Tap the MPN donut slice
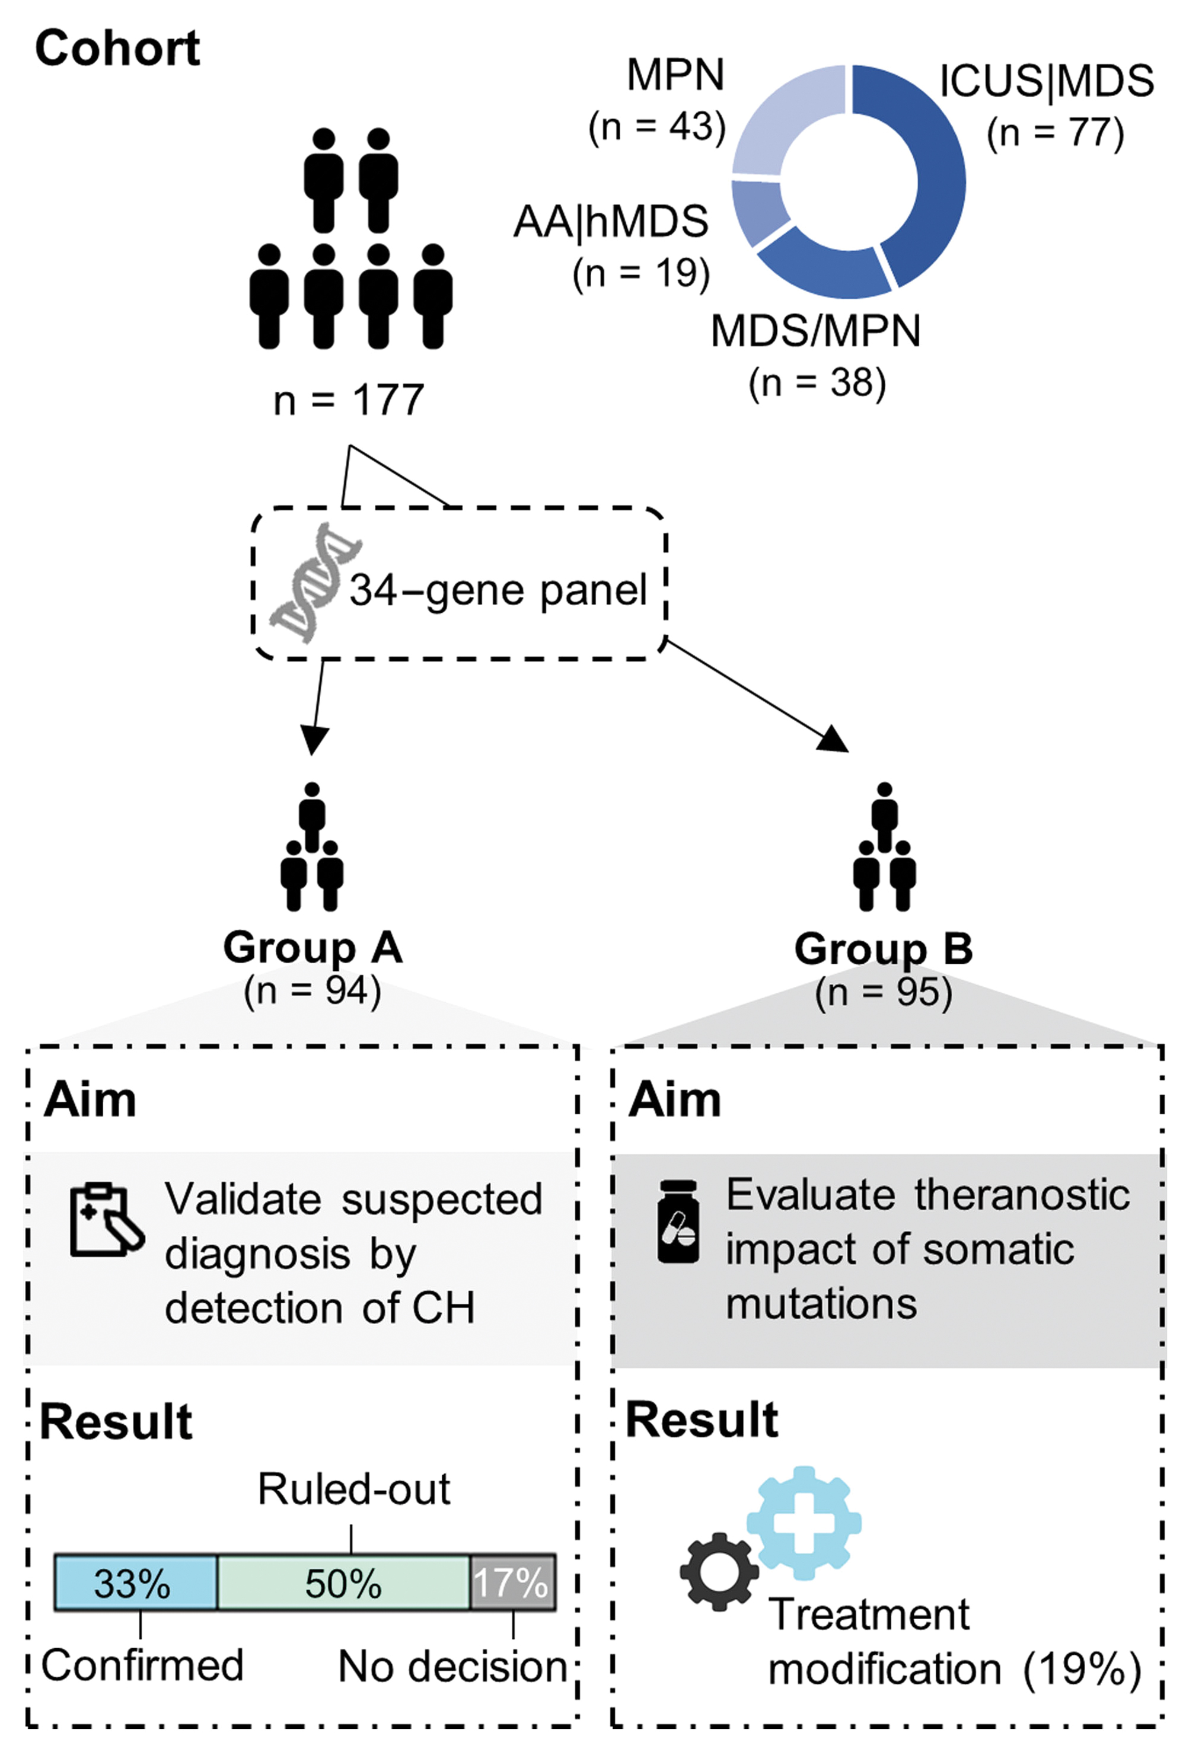[x=783, y=113]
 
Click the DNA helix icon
[x=315, y=583]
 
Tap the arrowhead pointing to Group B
[x=834, y=740]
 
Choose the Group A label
[x=313, y=948]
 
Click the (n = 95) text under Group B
[x=884, y=993]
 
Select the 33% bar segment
[x=136, y=1582]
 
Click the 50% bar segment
[x=343, y=1582]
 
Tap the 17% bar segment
[x=512, y=1582]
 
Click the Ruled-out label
[x=354, y=1489]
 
